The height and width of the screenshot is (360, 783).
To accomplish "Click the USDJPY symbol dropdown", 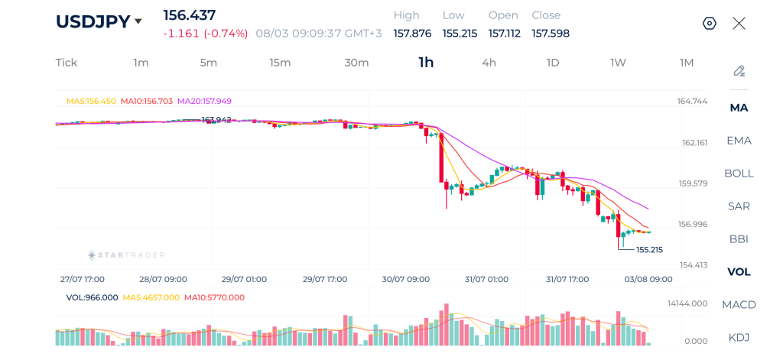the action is (x=99, y=21).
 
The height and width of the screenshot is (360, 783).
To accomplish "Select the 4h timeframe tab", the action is (x=489, y=63).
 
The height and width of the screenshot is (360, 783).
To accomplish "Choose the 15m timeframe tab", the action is (x=280, y=63).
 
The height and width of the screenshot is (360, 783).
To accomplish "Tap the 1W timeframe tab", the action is (x=618, y=63).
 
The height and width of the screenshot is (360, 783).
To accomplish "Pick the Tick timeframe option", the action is (x=67, y=63).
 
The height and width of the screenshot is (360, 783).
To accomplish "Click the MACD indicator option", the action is (x=739, y=304).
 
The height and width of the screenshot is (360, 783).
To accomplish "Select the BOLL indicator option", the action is (x=739, y=174).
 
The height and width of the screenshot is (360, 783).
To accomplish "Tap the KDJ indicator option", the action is (x=739, y=338).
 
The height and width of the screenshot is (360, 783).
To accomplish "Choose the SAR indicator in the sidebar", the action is (x=739, y=206).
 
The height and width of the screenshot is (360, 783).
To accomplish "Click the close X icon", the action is (x=739, y=24).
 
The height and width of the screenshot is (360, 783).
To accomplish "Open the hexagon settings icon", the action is (x=710, y=24).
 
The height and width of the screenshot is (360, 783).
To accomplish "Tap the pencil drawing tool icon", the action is (x=739, y=71).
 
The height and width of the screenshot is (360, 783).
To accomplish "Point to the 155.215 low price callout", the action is (x=650, y=250).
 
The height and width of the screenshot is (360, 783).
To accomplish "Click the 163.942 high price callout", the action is (x=216, y=120).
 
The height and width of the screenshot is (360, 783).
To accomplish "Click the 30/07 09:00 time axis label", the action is (x=406, y=279).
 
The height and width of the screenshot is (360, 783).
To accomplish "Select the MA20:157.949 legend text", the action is (x=205, y=101).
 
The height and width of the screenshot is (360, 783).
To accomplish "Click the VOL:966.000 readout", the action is (x=93, y=297).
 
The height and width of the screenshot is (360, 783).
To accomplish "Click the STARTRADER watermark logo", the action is (x=126, y=255).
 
